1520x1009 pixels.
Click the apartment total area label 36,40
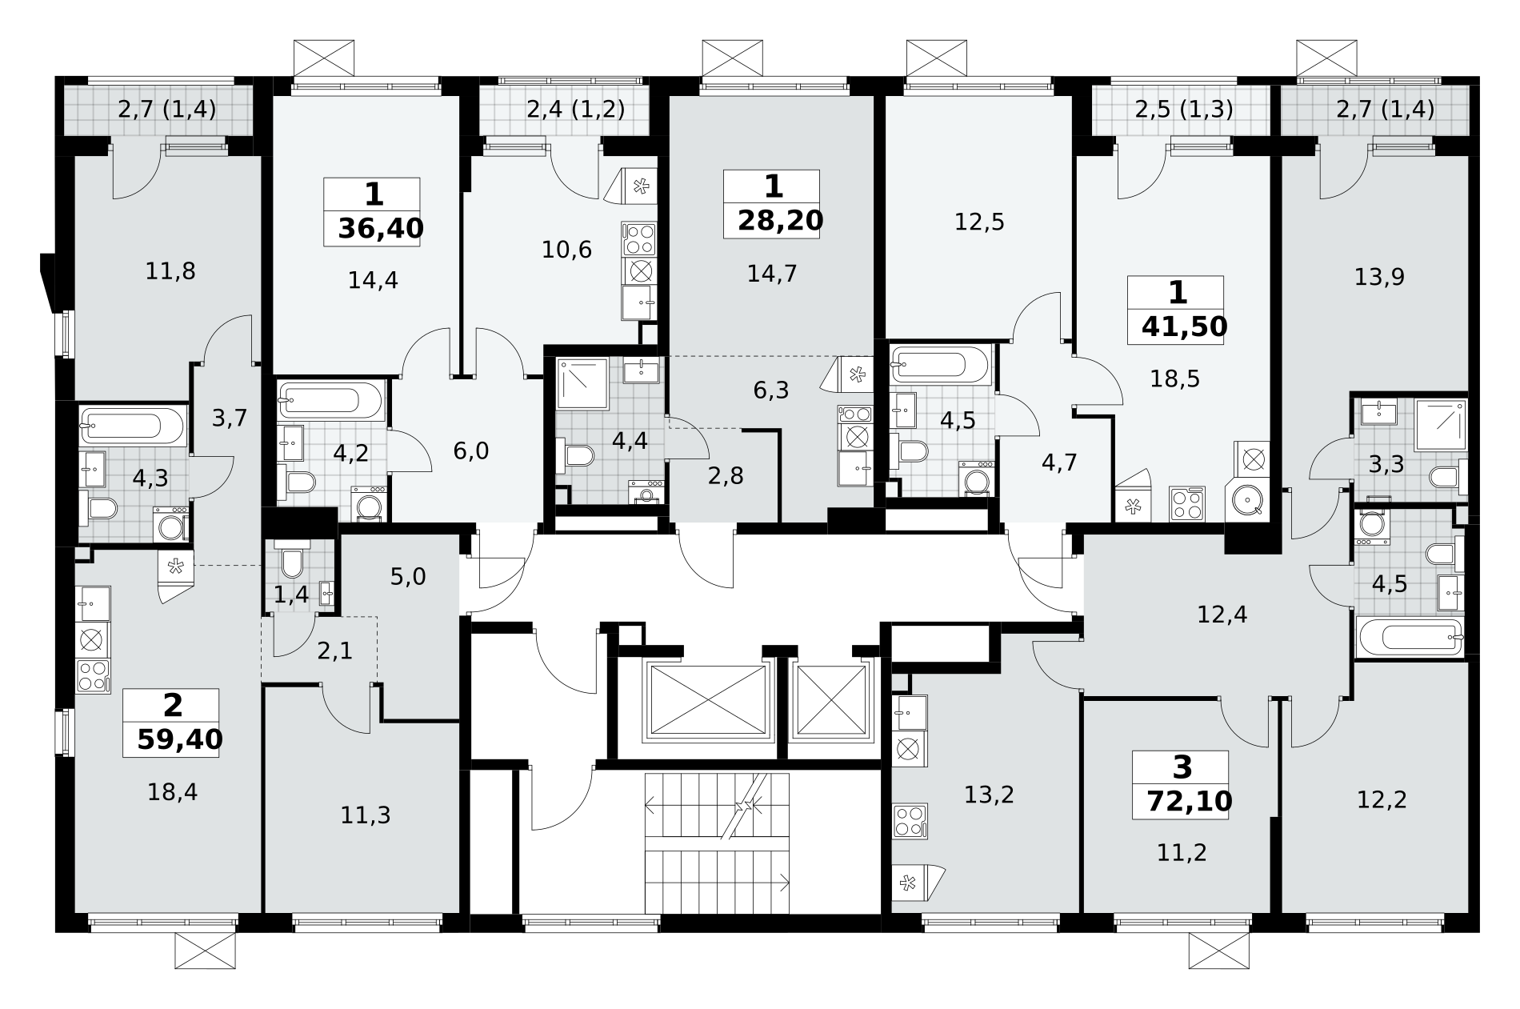pos(380,229)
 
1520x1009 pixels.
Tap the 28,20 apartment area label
pos(780,220)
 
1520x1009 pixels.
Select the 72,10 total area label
pos(1189,800)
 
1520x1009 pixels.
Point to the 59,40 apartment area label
pos(179,739)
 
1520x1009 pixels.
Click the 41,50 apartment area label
pos(1184,326)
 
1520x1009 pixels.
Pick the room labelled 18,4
pos(172,792)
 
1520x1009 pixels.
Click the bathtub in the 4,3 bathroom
pos(133,425)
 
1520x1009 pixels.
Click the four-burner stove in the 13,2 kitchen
pos(910,821)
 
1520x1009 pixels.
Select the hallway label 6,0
pos(470,451)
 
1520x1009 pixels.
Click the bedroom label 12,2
pos(1382,799)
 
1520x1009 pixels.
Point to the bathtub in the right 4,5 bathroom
pos(1410,637)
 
